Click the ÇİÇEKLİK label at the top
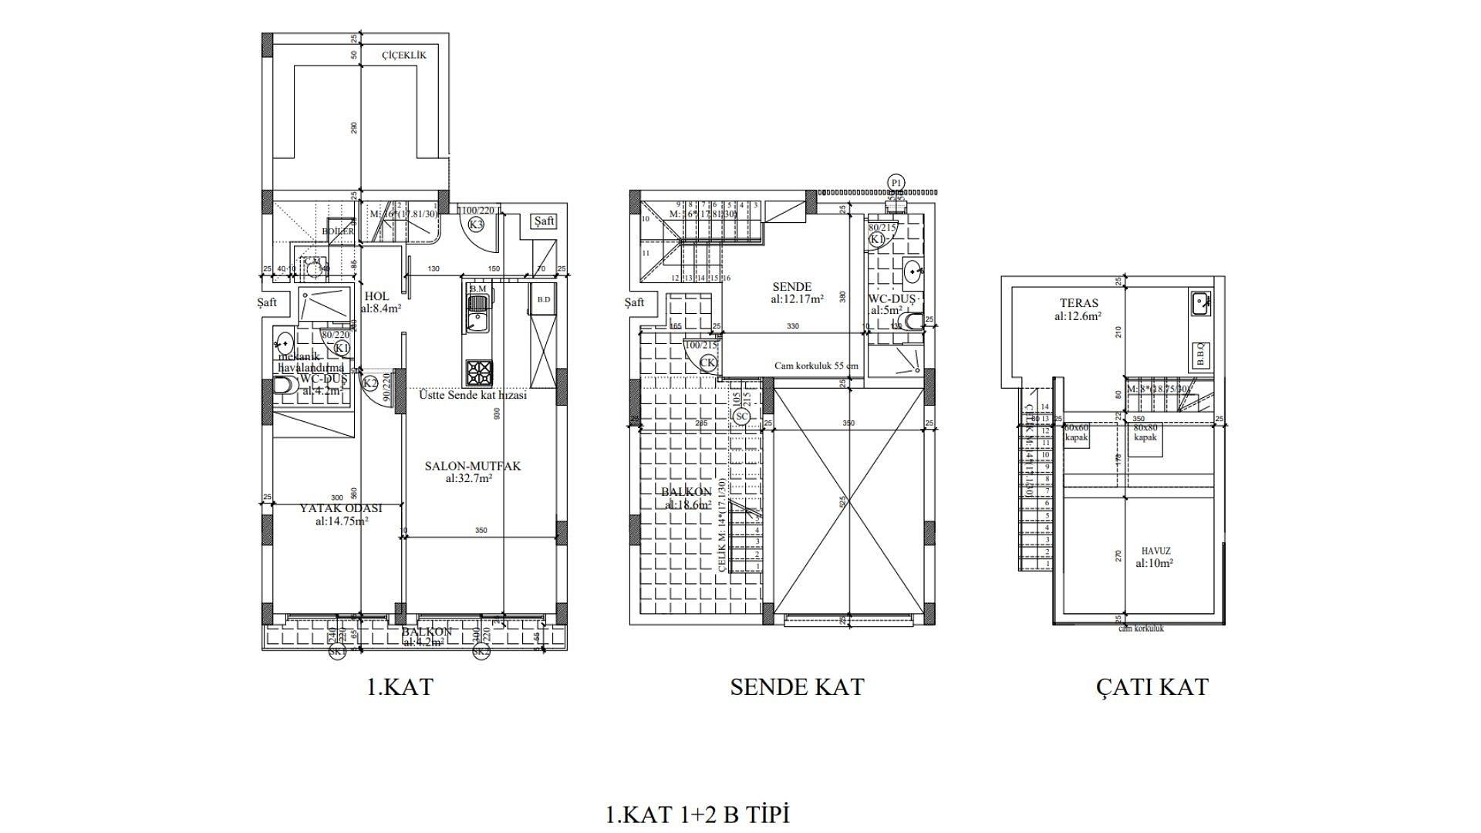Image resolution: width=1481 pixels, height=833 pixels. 403,56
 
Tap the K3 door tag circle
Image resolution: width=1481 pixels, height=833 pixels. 476,224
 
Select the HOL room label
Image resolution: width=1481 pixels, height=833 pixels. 376,296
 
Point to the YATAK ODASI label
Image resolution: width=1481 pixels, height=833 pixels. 341,508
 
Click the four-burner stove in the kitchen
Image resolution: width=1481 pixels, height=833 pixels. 477,374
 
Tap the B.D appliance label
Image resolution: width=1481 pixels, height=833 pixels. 543,299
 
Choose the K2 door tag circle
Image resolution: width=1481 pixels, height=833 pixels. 370,383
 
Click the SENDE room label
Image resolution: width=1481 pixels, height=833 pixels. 791,287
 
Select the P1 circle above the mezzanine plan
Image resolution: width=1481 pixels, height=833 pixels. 896,183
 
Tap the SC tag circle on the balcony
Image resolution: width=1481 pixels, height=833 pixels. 741,416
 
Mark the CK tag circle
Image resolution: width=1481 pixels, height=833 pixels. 708,363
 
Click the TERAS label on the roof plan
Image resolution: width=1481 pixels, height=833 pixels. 1078,303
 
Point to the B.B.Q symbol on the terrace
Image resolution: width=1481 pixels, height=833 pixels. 1201,354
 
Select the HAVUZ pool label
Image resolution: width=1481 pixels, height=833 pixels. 1155,551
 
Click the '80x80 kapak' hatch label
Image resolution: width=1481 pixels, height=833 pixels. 1145,432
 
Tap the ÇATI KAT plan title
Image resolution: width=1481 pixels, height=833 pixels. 1152,686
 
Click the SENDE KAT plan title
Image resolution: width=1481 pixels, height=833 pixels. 797,686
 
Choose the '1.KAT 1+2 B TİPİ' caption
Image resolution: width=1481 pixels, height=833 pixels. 698,814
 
